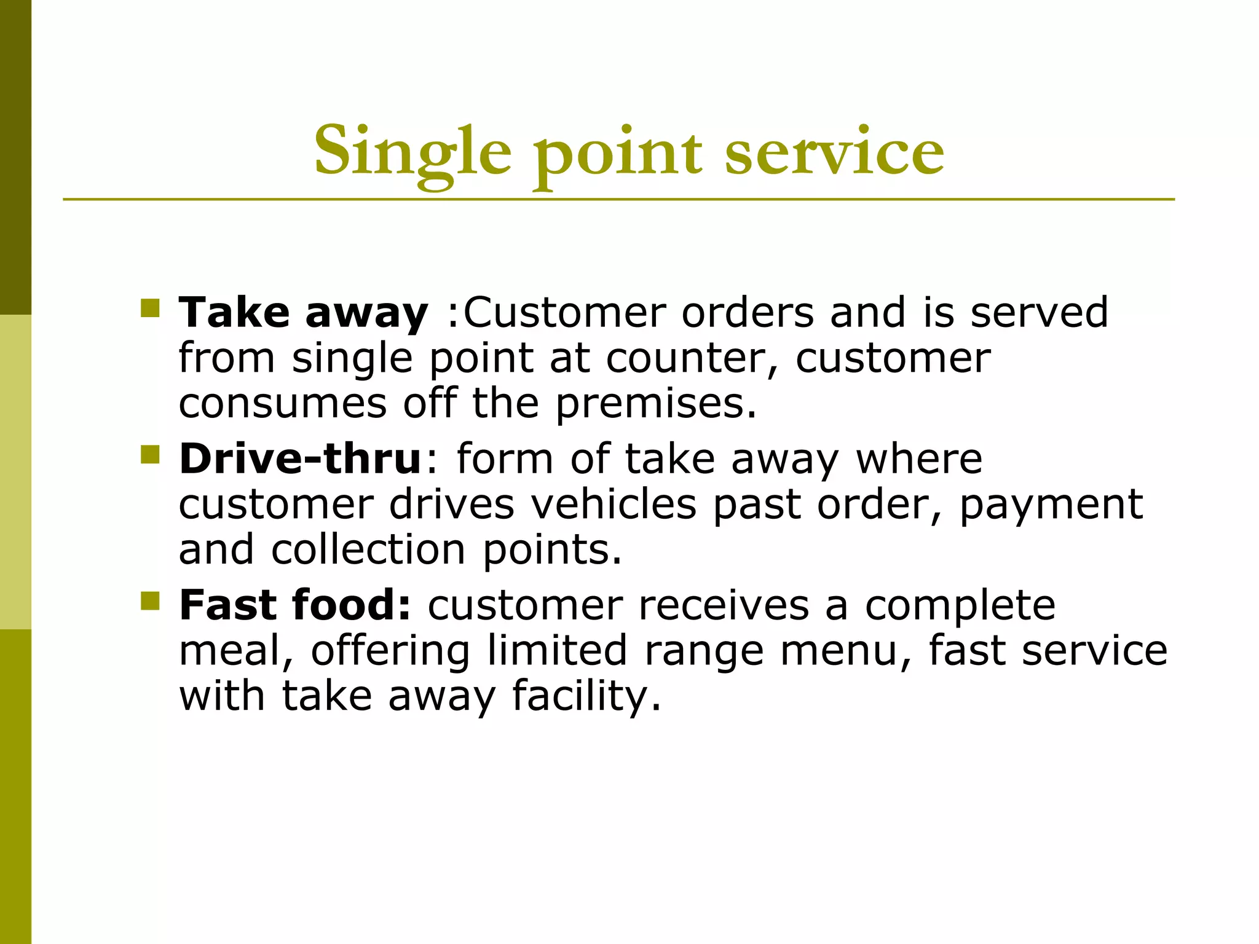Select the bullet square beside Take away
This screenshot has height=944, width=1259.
(150, 308)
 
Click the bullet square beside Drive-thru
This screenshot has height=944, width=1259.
(150, 455)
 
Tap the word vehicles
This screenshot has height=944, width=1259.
(613, 505)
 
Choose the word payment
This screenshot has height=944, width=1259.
(1051, 505)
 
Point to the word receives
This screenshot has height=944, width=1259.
(724, 605)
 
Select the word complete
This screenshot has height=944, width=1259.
(960, 605)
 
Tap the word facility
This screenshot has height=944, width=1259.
(586, 696)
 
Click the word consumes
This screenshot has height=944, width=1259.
(283, 404)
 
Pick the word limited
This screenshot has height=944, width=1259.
(557, 650)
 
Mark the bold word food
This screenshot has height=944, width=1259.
(350, 605)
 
